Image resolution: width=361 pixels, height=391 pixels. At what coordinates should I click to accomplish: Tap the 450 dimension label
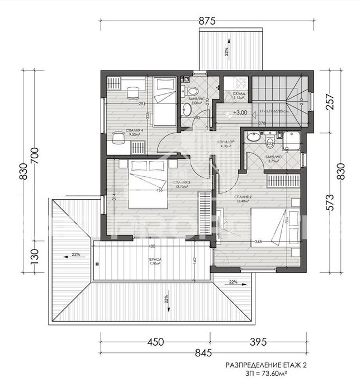[x=156, y=341]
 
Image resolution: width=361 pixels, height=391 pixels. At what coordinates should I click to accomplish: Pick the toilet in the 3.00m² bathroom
[x=192, y=91]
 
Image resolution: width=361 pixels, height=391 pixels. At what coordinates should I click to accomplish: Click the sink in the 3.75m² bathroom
[x=253, y=136]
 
